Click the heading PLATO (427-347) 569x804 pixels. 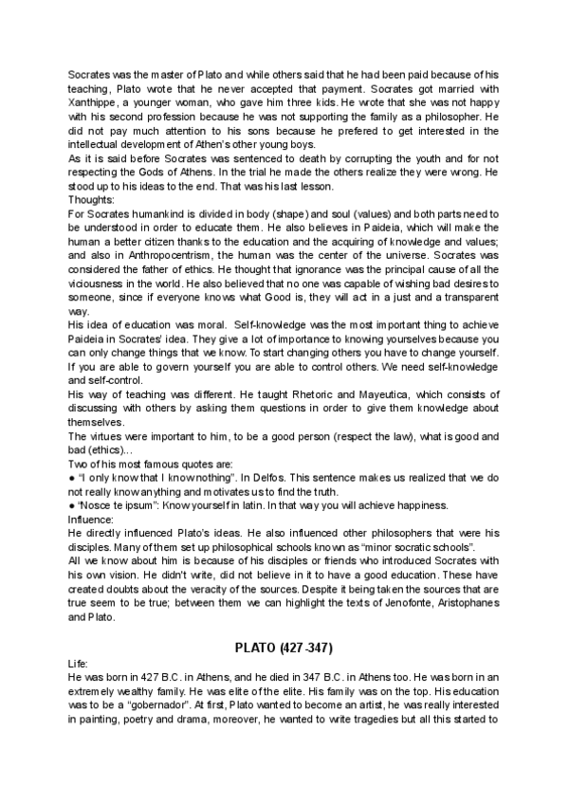pos(284,648)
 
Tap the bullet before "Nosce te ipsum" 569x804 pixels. pos(72,507)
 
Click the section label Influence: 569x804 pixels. pos(91,521)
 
